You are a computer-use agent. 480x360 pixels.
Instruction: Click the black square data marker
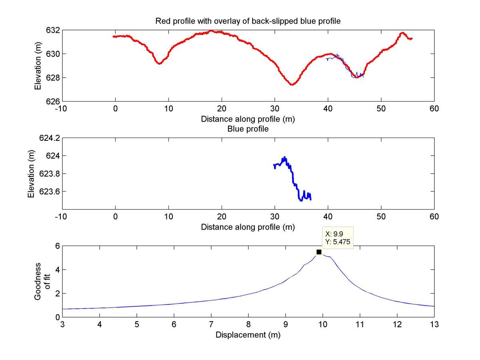pos(319,252)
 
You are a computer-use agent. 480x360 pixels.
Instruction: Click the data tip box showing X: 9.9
pos(338,238)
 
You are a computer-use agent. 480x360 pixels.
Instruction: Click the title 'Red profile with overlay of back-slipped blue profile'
pos(248,21)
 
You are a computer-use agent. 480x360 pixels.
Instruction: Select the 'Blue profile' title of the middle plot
pos(248,129)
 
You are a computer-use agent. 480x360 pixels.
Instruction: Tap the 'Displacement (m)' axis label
pos(248,335)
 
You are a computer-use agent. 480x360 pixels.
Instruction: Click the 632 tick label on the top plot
pos(53,30)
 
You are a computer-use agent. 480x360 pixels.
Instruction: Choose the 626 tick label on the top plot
pos(53,101)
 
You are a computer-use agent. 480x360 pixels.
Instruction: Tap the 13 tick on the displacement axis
pos(434,324)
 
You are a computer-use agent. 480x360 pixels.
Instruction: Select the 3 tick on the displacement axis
pos(62,324)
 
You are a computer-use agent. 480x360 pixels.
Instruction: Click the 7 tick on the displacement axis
pos(211,324)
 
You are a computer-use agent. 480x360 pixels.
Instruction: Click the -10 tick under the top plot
pos(62,108)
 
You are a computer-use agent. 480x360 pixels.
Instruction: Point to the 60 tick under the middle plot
pos(434,217)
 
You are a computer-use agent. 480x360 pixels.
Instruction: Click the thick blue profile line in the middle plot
pos(293,176)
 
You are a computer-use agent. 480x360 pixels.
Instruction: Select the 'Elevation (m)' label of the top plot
pos(38,66)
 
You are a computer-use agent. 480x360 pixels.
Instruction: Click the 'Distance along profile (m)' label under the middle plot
pos(248,227)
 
